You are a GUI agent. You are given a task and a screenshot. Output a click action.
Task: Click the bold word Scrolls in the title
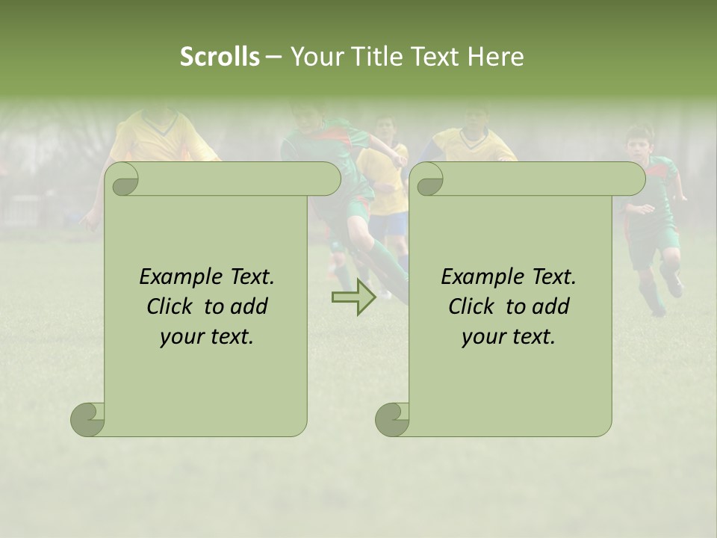click(220, 57)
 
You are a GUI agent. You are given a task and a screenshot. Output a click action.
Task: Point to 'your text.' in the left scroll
click(207, 337)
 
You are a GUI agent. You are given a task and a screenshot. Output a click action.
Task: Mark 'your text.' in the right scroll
click(509, 337)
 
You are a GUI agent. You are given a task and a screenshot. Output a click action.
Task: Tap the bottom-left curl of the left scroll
click(87, 419)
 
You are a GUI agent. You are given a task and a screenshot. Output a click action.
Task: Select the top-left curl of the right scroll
click(428, 179)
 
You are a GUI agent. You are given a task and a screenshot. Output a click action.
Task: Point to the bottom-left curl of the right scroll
click(392, 419)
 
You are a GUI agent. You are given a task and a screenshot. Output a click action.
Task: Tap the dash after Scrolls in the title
click(273, 57)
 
